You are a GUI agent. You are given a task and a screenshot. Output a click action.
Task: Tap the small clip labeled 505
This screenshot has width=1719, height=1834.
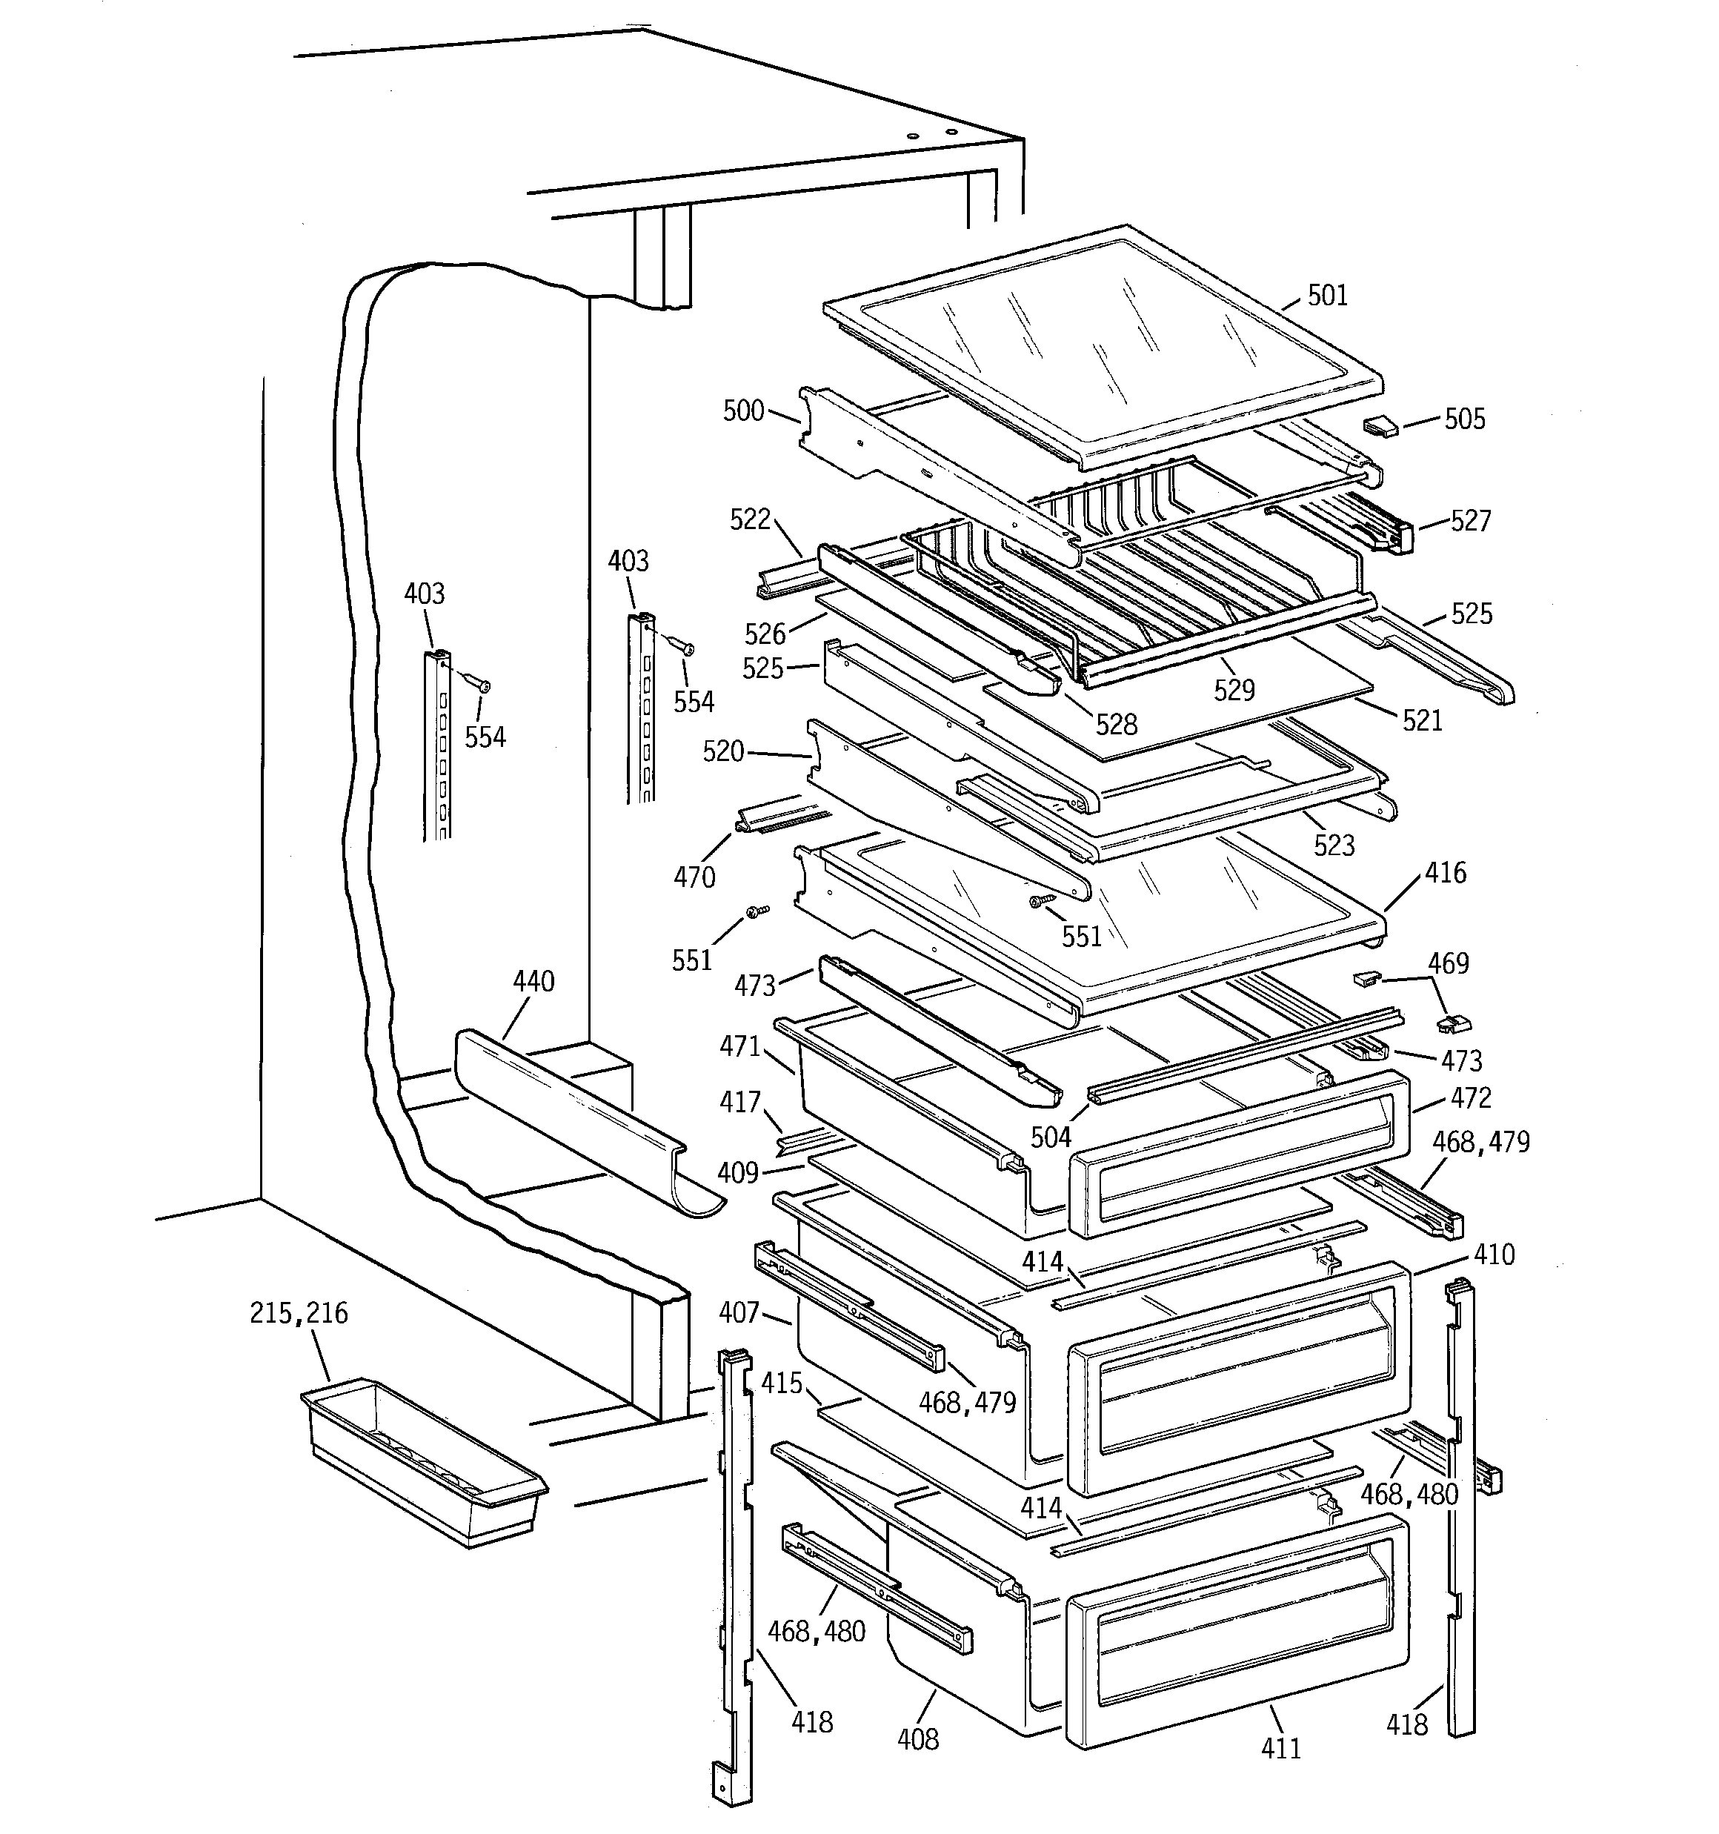[x=1380, y=426]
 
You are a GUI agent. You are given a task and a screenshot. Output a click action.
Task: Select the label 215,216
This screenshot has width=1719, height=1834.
[x=298, y=1313]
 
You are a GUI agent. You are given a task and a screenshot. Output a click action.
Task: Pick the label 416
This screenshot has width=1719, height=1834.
[x=1445, y=873]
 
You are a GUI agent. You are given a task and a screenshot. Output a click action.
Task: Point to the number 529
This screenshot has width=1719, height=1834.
[x=1234, y=690]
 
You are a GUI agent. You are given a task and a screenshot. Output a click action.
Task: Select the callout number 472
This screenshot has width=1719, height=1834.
[x=1470, y=1098]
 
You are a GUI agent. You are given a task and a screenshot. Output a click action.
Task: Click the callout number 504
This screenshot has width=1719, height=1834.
[x=1050, y=1137]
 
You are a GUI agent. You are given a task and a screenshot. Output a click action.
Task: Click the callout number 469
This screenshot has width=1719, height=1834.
[x=1448, y=963]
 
